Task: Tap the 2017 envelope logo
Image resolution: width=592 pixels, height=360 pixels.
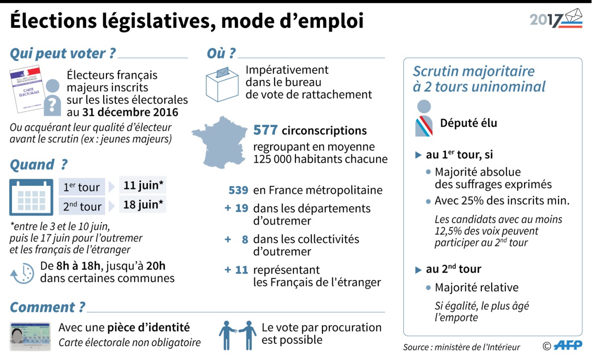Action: coord(556,19)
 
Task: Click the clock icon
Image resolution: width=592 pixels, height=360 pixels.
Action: coord(22,274)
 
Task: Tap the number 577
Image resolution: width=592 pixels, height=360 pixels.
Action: coord(265,130)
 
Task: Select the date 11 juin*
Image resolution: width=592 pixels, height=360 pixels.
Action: coord(143,186)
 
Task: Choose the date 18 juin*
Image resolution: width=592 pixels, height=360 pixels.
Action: coord(143,204)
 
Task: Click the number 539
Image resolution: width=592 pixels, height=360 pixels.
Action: coord(238,190)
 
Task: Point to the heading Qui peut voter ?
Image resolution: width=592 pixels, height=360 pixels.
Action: coord(62,54)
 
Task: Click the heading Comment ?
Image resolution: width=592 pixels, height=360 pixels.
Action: coord(48,307)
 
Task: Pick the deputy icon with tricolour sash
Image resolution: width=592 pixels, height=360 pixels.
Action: coord(424,119)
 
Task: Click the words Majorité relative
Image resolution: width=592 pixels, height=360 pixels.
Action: coord(476,287)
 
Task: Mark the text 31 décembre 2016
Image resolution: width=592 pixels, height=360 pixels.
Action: coord(130,112)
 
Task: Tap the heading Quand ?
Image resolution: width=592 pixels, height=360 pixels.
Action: coord(39,165)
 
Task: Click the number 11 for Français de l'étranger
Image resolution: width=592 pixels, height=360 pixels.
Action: coord(241,270)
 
